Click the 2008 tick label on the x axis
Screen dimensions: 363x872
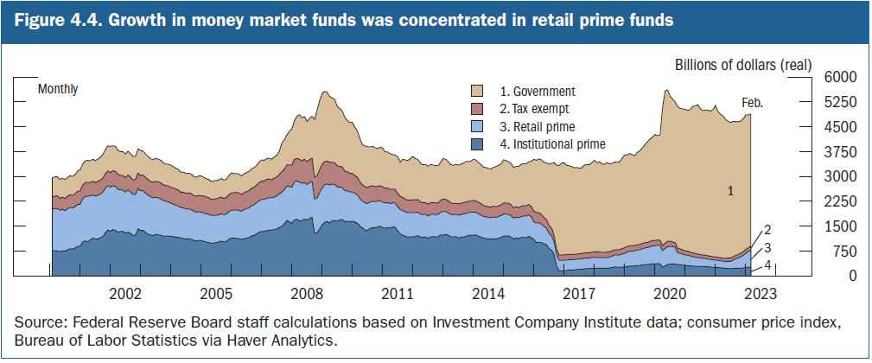click(306, 292)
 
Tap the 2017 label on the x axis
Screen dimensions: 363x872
click(578, 292)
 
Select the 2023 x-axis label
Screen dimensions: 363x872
click(760, 292)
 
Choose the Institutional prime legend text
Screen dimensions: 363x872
click(553, 144)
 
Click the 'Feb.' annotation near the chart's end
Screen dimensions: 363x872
click(754, 103)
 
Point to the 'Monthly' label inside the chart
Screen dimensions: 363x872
click(58, 88)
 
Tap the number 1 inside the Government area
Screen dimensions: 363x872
click(730, 191)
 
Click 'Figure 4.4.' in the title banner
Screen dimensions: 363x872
click(53, 20)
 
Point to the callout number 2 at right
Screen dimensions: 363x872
click(766, 230)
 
